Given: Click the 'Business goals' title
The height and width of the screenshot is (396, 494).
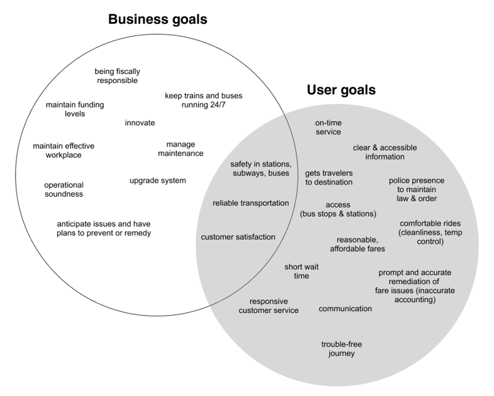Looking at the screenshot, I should pyautogui.click(x=158, y=19).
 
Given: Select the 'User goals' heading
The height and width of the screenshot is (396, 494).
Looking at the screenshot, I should pyautogui.click(x=341, y=90).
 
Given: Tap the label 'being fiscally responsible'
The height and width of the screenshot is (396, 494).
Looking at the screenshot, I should pyautogui.click(x=117, y=76).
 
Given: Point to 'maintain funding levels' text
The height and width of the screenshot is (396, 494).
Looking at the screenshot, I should pyautogui.click(x=75, y=109).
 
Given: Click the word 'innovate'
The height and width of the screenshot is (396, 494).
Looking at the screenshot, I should pyautogui.click(x=140, y=123).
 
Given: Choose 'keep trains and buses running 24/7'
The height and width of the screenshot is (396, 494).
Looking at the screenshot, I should pyautogui.click(x=203, y=100).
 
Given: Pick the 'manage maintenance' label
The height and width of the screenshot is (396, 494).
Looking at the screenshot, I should pyautogui.click(x=180, y=148).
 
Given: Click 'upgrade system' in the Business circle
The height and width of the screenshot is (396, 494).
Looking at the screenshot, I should pyautogui.click(x=158, y=181).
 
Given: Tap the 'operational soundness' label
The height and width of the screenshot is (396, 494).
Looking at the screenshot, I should pyautogui.click(x=64, y=189).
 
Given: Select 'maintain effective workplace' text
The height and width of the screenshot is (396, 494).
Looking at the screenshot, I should pyautogui.click(x=64, y=150).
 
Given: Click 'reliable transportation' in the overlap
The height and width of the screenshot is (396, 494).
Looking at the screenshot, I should pyautogui.click(x=251, y=203).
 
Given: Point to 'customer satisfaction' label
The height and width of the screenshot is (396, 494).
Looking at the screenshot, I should pyautogui.click(x=238, y=237).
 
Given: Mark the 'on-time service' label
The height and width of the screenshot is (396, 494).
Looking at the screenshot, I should pyautogui.click(x=328, y=127).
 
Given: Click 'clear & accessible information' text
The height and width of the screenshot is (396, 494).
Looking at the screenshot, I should pyautogui.click(x=385, y=152).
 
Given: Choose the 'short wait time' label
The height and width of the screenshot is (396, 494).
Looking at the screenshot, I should pyautogui.click(x=302, y=271).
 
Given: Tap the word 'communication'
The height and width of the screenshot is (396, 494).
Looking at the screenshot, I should pyautogui.click(x=345, y=309).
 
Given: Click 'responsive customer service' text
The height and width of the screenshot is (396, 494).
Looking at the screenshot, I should pyautogui.click(x=268, y=305).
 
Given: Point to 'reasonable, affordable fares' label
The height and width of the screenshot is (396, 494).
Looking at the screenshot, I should pyautogui.click(x=358, y=244).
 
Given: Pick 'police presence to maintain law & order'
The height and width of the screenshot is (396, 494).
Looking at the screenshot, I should pyautogui.click(x=416, y=189).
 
